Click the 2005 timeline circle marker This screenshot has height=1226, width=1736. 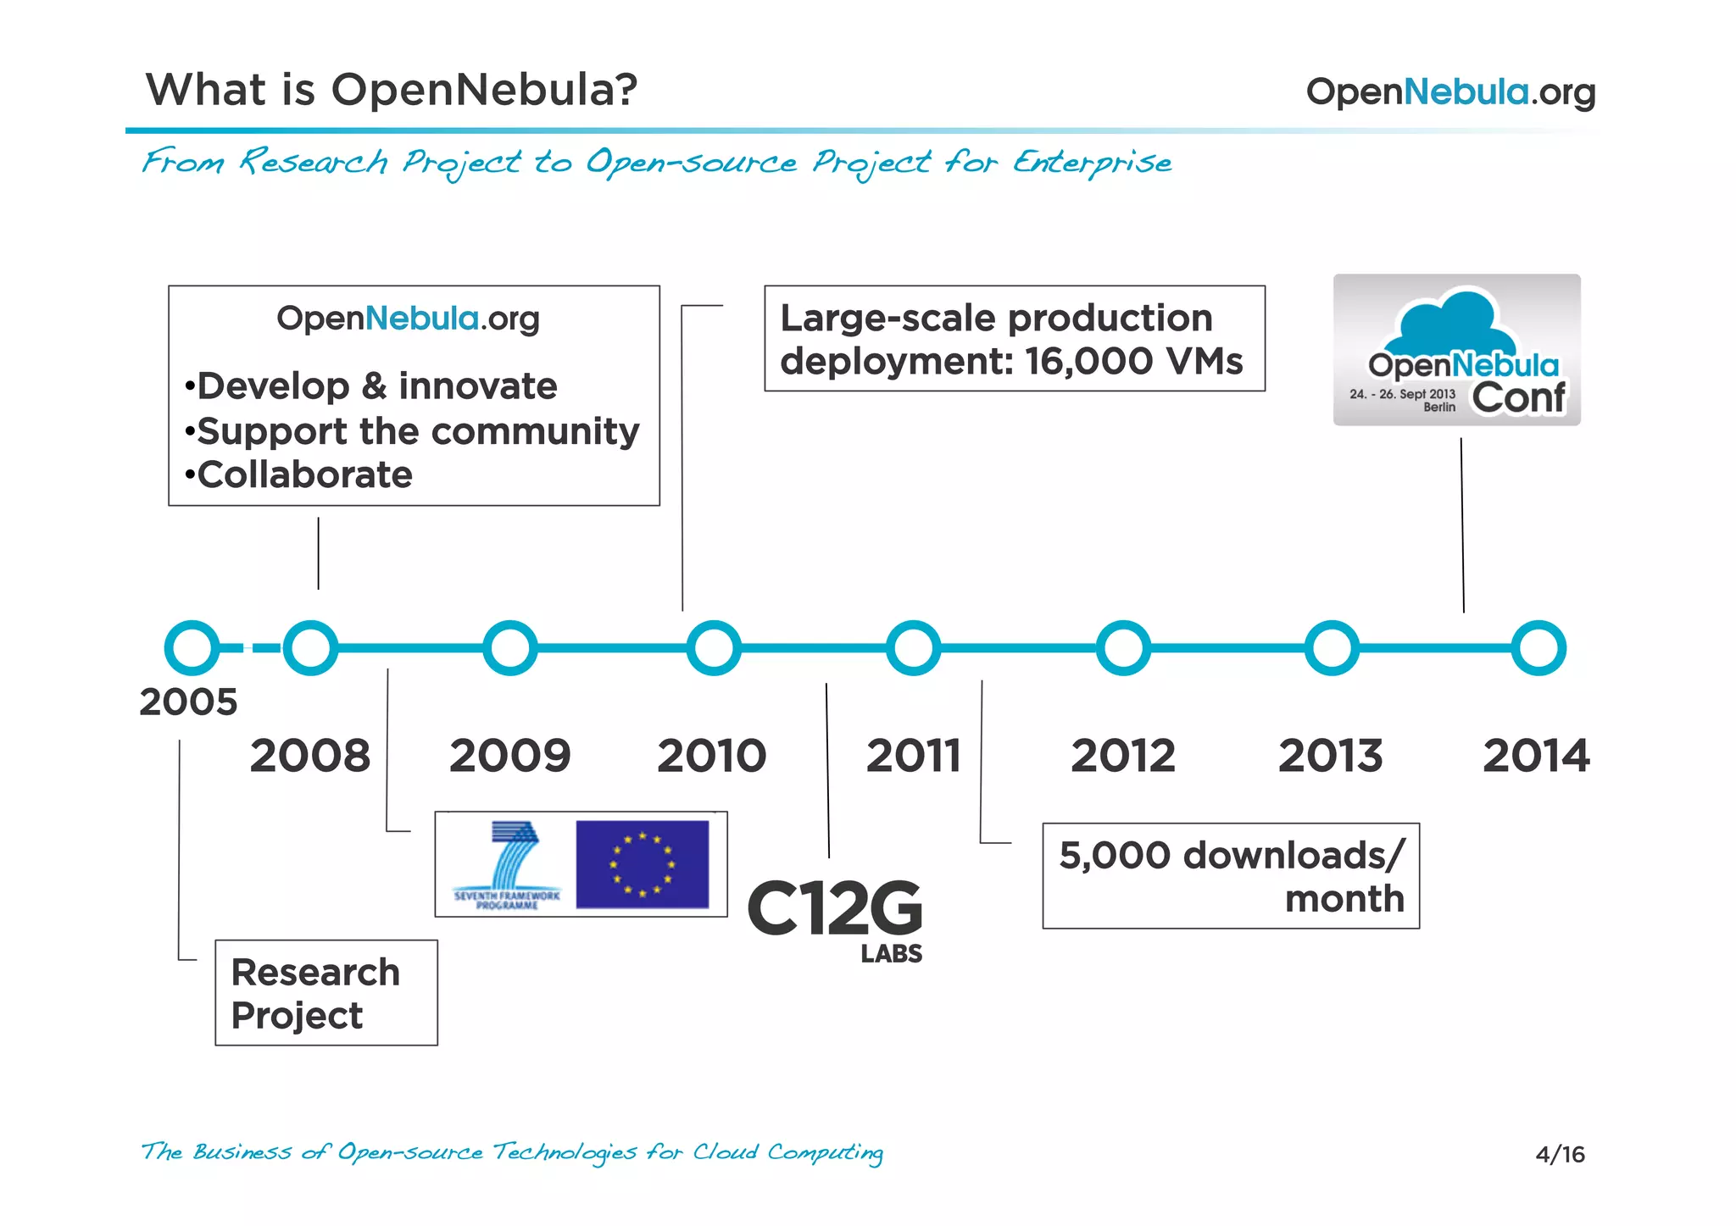(192, 648)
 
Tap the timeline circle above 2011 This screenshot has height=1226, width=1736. (913, 648)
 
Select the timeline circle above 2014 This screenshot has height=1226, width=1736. (1538, 648)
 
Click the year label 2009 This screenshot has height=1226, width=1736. (509, 755)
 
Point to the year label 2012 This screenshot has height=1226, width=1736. (1122, 755)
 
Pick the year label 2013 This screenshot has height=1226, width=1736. (1330, 755)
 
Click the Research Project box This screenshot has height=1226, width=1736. (326, 992)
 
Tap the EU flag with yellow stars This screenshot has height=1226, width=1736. (642, 864)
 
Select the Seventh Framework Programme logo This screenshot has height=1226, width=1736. (508, 865)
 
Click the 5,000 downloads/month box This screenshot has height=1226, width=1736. (1230, 875)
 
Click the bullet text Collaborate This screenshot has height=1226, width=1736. (304, 474)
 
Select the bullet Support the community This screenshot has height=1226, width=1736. (417, 431)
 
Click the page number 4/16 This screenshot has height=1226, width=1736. (1560, 1154)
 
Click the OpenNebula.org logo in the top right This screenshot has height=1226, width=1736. (1450, 92)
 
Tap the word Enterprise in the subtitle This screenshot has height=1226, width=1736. (1093, 161)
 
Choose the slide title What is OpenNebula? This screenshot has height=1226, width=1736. (391, 89)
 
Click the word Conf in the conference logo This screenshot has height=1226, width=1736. (1518, 397)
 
